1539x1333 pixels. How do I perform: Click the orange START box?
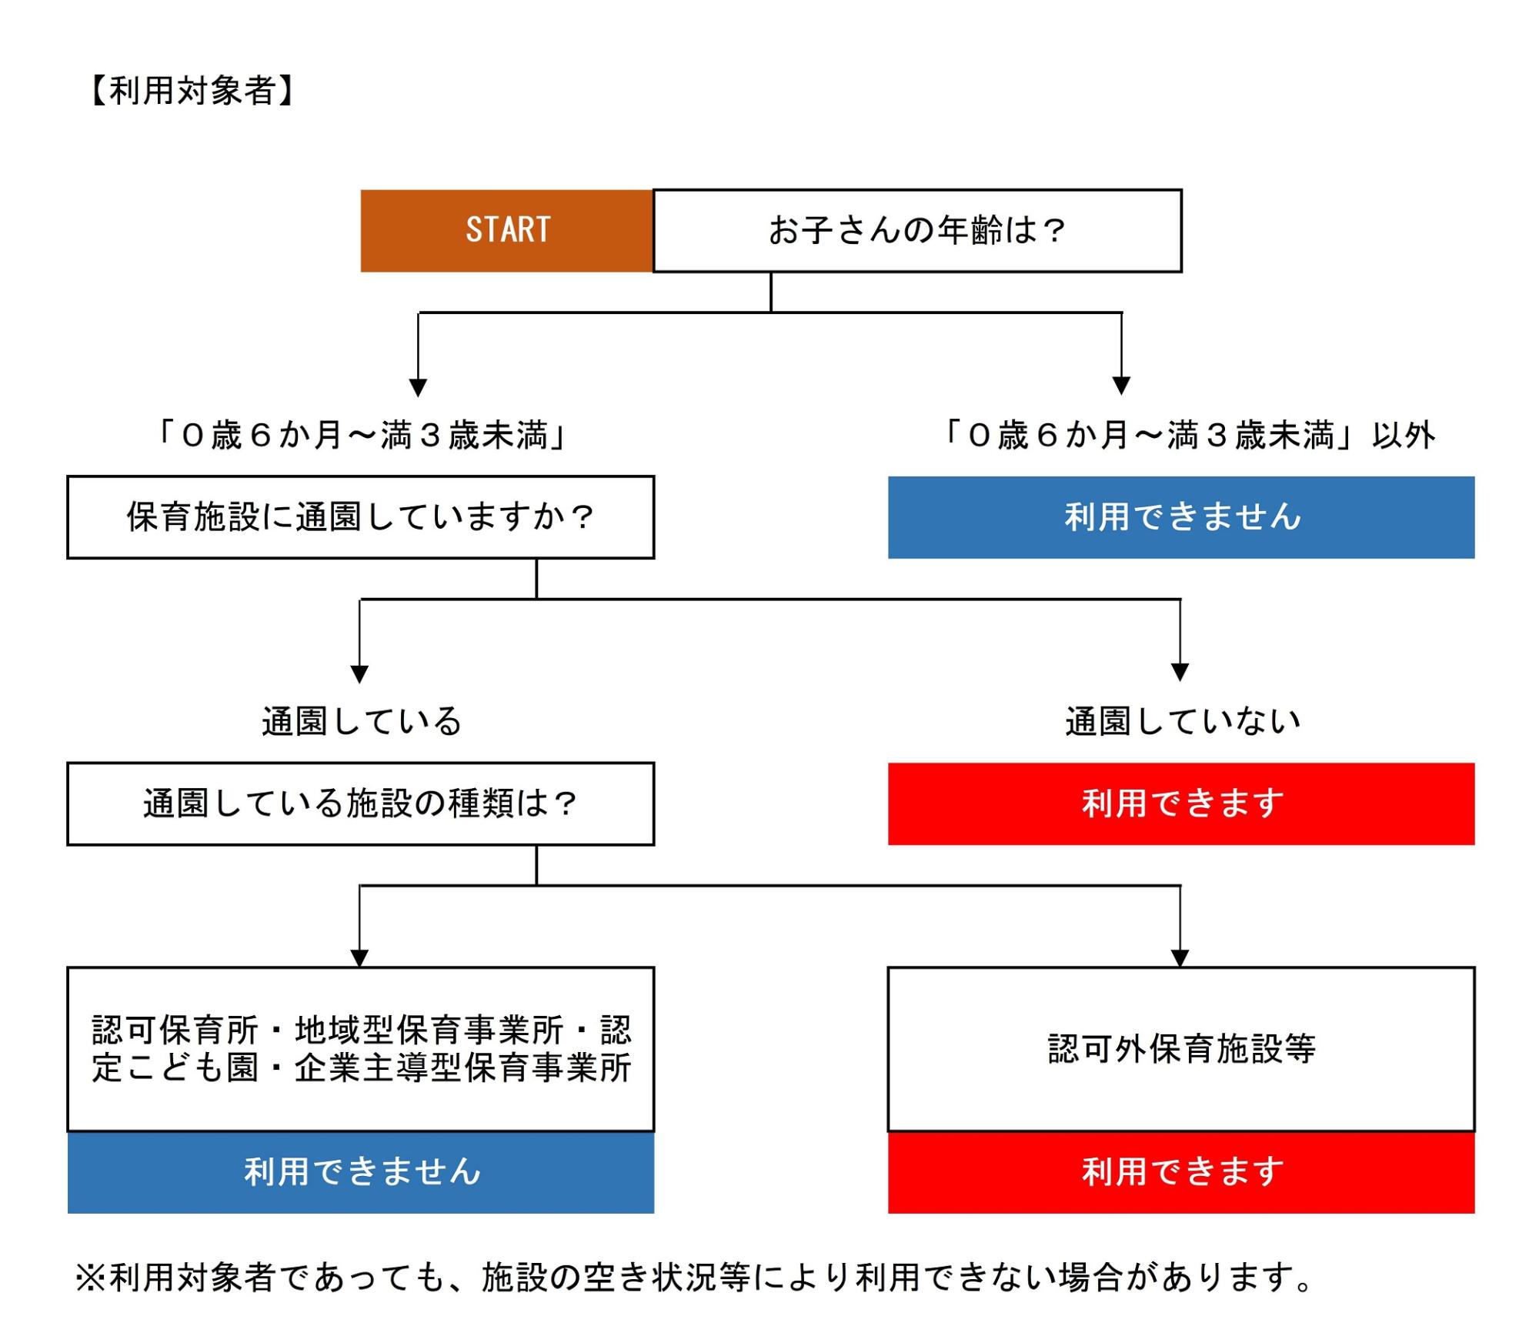[506, 230]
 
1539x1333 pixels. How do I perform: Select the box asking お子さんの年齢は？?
[916, 230]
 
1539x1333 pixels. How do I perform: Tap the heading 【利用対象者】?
[192, 91]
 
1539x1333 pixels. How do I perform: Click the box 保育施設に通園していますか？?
[360, 516]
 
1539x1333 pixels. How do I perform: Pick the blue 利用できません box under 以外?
[1180, 516]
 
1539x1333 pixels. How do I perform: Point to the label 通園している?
[361, 721]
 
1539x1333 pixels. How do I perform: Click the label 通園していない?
[1182, 721]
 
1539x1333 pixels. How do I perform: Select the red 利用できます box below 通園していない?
[1180, 803]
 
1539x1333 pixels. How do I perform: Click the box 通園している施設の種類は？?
[360, 803]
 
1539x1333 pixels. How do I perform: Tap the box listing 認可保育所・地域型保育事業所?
[360, 1048]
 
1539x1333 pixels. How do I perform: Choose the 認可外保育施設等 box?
[1180, 1048]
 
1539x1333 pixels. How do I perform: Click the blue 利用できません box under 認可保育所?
[360, 1171]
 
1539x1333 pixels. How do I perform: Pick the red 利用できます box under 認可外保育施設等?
[1180, 1171]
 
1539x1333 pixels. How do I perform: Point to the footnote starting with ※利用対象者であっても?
[693, 1278]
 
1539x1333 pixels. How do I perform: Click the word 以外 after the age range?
[1404, 436]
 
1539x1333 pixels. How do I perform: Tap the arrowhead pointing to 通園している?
[359, 674]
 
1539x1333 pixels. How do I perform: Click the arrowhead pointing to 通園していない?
[1180, 672]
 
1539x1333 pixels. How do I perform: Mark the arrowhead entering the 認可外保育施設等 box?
[1180, 957]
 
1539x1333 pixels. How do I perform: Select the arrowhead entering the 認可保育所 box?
[359, 957]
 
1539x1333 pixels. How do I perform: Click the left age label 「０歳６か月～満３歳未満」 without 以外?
[361, 436]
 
